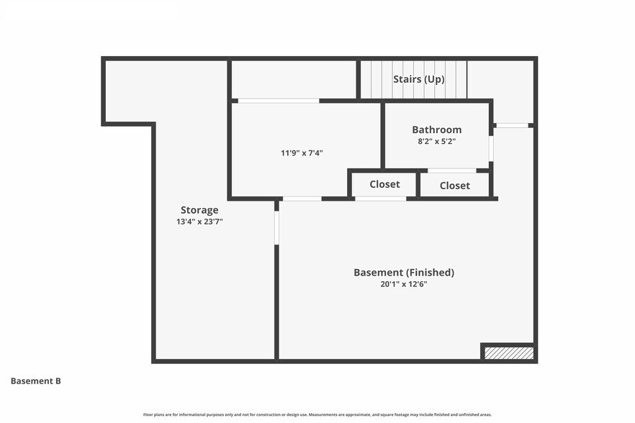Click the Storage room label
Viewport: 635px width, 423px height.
tap(199, 210)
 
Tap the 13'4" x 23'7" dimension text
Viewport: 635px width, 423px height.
tap(199, 222)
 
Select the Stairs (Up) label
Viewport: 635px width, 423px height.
tap(419, 79)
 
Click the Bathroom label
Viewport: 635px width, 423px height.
tap(436, 129)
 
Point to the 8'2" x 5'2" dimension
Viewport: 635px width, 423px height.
tap(436, 142)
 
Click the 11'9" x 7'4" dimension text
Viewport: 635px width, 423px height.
tap(302, 153)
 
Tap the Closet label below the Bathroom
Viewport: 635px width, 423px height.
tap(455, 186)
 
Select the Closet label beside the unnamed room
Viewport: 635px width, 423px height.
tap(384, 184)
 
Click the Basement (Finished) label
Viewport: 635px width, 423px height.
tap(404, 273)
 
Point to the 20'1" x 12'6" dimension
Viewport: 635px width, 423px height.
tap(404, 284)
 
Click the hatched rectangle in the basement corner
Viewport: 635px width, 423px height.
tap(509, 353)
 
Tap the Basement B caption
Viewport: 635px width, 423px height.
tap(36, 381)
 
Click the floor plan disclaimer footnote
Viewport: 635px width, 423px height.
tap(317, 414)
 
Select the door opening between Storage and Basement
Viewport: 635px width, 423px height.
tap(276, 227)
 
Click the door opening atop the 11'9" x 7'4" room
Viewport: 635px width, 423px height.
tap(279, 101)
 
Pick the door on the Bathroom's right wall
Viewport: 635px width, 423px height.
tap(491, 149)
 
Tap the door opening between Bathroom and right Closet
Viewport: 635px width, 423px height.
tap(452, 170)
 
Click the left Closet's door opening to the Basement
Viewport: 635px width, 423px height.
tap(381, 199)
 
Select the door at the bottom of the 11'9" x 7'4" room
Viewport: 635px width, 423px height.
tap(302, 199)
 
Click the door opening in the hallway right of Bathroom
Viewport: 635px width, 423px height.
tap(513, 125)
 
